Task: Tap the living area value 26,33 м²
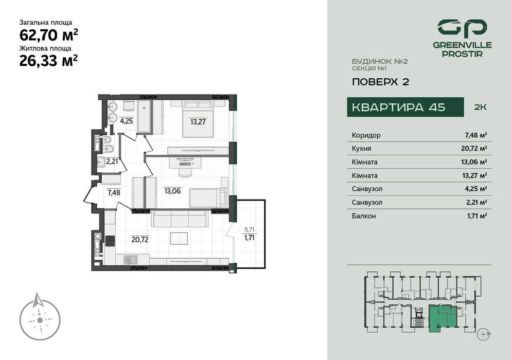pyautogui.click(x=49, y=61)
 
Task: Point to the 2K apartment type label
pyautogui.click(x=480, y=107)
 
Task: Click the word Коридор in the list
pyautogui.click(x=366, y=135)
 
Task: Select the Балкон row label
pyautogui.click(x=364, y=216)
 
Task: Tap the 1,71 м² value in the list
pyautogui.click(x=475, y=216)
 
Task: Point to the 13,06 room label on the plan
pyautogui.click(x=172, y=190)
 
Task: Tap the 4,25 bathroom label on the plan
pyautogui.click(x=127, y=121)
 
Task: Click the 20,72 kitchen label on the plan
pyautogui.click(x=140, y=239)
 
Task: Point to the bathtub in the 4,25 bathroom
pyautogui.click(x=145, y=117)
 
